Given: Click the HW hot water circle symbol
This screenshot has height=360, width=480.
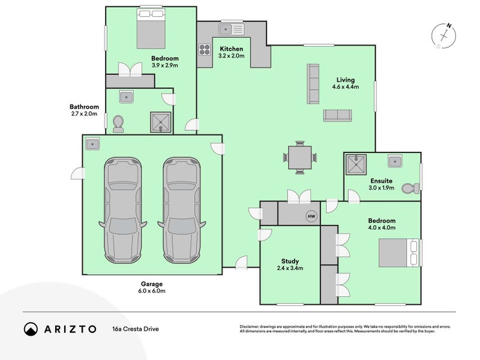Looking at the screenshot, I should pos(311,216).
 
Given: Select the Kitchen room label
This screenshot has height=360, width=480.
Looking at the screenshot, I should pos(231,49).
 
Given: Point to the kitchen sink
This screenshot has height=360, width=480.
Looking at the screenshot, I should pos(231,28).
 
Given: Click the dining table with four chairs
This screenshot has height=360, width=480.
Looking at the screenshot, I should pos(298,158).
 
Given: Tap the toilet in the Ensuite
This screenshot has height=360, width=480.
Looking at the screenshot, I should pos(412,188).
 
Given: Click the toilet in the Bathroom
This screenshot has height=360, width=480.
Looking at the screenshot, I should pos(118,124).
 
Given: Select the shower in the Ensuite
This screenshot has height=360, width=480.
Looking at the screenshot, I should pos(357,164).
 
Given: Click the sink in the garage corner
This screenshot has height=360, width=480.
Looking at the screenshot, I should pos(92,144).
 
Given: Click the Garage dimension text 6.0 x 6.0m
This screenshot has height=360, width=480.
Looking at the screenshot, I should pos(152,291).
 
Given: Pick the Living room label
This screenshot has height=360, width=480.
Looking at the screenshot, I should pos(345,80).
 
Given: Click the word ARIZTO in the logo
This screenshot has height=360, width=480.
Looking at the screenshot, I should pos(68,329).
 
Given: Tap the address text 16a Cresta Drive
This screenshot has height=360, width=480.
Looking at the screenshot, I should pos(135,329).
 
